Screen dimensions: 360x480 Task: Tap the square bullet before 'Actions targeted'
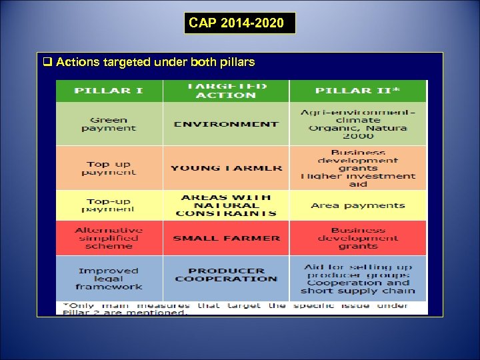(x=47, y=63)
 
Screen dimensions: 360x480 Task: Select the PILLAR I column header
(x=109, y=91)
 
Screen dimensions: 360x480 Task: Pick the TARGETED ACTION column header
(x=226, y=91)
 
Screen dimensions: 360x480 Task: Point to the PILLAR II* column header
(x=357, y=91)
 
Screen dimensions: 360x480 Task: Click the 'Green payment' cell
(x=109, y=124)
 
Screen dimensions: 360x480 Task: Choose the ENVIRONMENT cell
(x=226, y=124)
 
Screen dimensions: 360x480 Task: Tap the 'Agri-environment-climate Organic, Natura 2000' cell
(x=357, y=124)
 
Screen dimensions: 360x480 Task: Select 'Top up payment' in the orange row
(x=109, y=168)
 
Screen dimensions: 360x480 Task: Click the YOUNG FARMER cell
(x=226, y=168)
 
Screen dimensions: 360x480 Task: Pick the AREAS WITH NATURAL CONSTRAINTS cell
(x=226, y=205)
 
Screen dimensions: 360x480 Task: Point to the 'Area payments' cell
(x=357, y=205)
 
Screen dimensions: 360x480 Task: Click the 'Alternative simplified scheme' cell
(x=109, y=238)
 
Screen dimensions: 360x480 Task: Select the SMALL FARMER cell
(x=226, y=238)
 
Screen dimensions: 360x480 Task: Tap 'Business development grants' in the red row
(x=357, y=238)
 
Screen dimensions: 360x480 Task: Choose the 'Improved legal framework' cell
(x=109, y=279)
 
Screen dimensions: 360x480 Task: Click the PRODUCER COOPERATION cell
(x=226, y=275)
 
